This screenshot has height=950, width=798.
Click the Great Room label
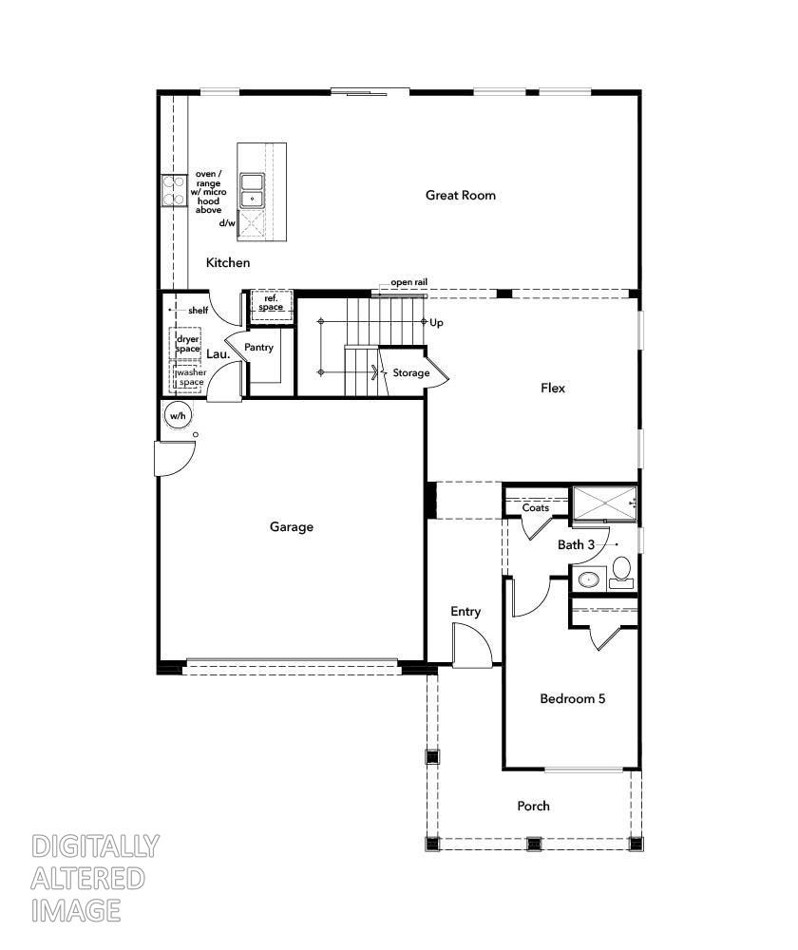461,195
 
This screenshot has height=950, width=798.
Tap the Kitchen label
228,262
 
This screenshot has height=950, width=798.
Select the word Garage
292,527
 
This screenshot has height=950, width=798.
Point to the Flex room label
553,388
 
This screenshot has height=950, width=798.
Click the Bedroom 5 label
573,698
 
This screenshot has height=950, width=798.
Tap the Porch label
533,806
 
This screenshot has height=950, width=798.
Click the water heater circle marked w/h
179,416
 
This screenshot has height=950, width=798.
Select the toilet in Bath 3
621,573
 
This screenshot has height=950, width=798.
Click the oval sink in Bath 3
588,579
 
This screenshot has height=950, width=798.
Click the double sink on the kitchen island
252,190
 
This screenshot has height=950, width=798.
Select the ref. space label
271,303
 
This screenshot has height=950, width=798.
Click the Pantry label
258,347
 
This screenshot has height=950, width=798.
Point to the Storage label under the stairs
410,372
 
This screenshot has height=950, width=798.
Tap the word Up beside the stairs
436,323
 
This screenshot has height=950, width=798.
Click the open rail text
409,282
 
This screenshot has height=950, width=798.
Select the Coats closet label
536,507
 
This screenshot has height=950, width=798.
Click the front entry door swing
472,646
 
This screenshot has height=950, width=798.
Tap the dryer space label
188,344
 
